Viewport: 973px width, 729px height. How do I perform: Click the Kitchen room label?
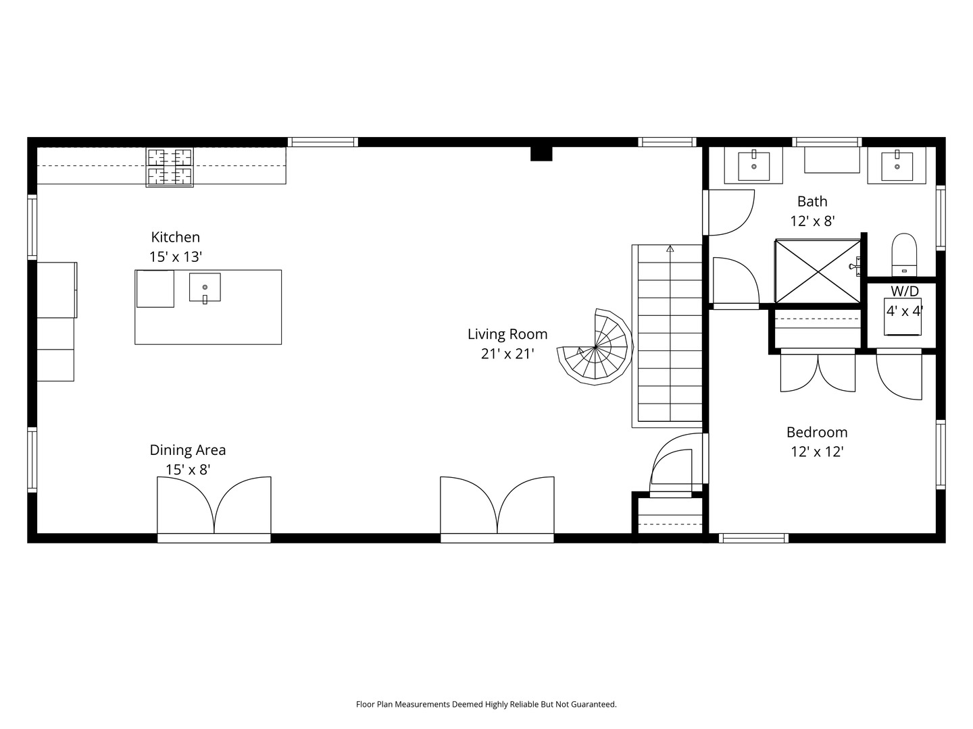pos(175,237)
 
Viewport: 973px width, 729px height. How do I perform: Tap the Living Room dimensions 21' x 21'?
pos(507,354)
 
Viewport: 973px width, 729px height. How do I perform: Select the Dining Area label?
pos(188,450)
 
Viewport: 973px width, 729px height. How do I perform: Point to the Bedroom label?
pos(816,432)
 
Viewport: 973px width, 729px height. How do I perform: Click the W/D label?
pos(904,292)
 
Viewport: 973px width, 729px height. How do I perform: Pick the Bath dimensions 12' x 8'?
pos(812,221)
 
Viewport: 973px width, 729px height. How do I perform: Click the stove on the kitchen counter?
pos(170,167)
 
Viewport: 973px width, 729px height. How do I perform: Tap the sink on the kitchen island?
pos(205,288)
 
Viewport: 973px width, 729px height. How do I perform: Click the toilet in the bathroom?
pos(903,254)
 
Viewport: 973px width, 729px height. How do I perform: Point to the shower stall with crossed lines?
pos(818,271)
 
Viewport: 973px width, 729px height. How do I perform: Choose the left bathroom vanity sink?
pos(753,166)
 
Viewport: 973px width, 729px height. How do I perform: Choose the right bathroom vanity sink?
pos(897,166)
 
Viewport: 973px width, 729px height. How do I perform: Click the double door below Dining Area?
pos(214,506)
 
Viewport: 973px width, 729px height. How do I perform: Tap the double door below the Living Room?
pos(497,506)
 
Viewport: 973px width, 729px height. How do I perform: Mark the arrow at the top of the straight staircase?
pos(670,249)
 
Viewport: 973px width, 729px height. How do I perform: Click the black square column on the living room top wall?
pos(541,154)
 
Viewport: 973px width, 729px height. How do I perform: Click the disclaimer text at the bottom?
pos(486,704)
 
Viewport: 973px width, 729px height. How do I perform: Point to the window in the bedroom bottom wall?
pos(753,538)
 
